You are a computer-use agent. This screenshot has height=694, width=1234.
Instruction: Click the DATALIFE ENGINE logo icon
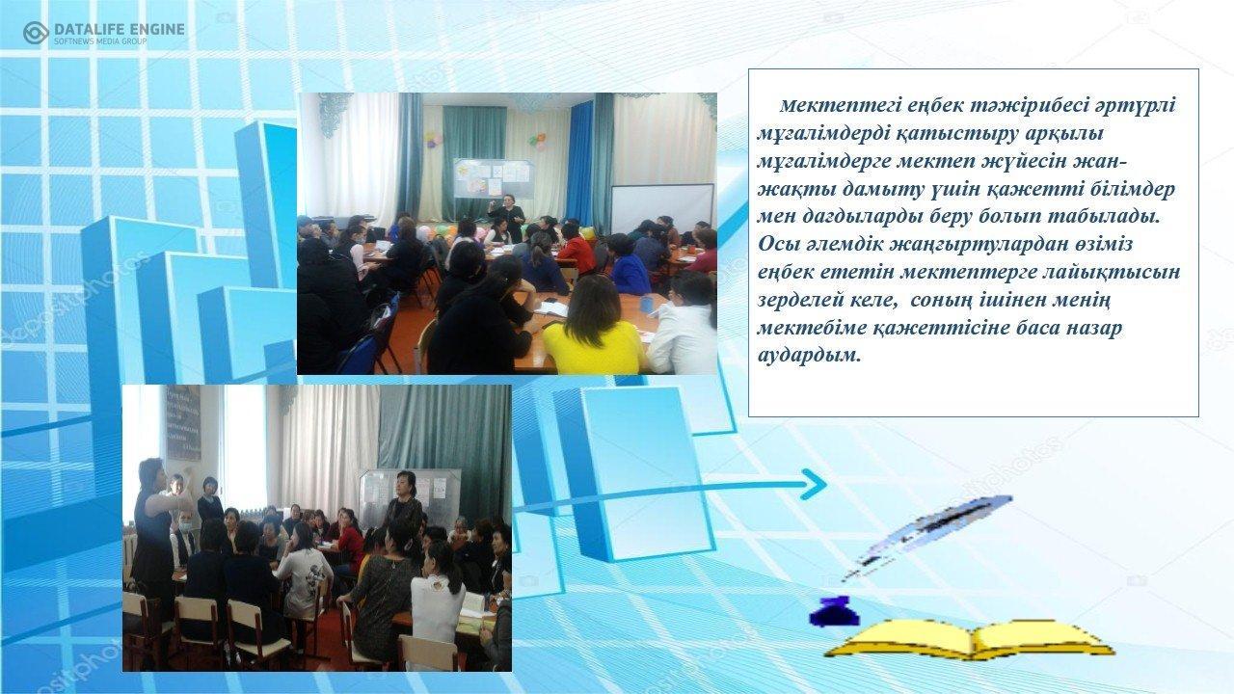(x=36, y=33)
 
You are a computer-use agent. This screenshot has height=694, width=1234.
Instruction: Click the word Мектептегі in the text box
(x=832, y=105)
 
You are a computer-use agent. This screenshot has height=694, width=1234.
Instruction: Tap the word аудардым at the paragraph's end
(x=809, y=356)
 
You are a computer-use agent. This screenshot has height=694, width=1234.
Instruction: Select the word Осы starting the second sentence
(x=777, y=244)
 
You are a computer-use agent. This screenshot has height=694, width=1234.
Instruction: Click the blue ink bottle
(x=834, y=611)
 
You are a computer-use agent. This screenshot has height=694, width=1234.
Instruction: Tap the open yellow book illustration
(x=970, y=638)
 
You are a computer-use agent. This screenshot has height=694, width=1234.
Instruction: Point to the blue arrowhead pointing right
(x=814, y=484)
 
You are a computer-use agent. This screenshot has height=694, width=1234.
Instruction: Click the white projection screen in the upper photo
(x=662, y=208)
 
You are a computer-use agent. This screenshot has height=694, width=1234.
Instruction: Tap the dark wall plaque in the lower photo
(x=183, y=422)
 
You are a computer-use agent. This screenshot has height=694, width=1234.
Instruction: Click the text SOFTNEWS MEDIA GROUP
(x=101, y=41)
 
